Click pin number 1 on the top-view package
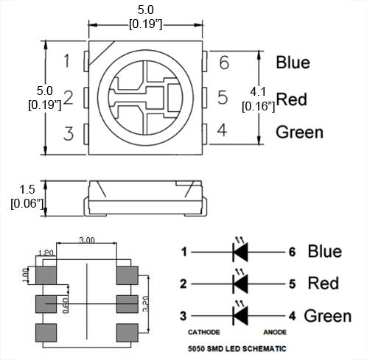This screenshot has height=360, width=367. pyautogui.click(x=67, y=61)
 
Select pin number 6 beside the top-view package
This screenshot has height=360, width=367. pyautogui.click(x=224, y=63)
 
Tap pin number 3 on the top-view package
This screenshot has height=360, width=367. pyautogui.click(x=69, y=133)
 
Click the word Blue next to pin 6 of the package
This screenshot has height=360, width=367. pyautogui.click(x=293, y=63)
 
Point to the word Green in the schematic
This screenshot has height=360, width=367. pyautogui.click(x=328, y=316)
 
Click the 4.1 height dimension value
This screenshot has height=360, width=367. pyautogui.click(x=258, y=92)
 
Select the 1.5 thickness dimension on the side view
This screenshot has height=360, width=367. pyautogui.click(x=27, y=189)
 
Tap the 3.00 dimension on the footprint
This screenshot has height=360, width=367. pyautogui.click(x=87, y=240)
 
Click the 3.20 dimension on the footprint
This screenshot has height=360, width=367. pyautogui.click(x=146, y=304)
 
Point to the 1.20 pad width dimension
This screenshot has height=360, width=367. pyautogui.click(x=46, y=253)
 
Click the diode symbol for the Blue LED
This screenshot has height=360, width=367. pyautogui.click(x=240, y=252)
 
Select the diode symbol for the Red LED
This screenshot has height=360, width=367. pyautogui.click(x=240, y=283)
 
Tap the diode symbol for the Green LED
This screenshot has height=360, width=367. pyautogui.click(x=240, y=316)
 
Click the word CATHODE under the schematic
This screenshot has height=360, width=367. pyautogui.click(x=203, y=332)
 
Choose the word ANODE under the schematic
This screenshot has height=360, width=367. pyautogui.click(x=275, y=332)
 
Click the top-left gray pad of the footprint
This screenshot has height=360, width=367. pyautogui.click(x=46, y=275)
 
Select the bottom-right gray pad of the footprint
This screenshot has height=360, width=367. pyautogui.click(x=127, y=333)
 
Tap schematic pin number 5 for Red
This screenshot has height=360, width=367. pyautogui.click(x=292, y=284)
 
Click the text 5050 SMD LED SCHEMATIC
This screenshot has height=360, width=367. pyautogui.click(x=237, y=348)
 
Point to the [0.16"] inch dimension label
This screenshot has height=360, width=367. pyautogui.click(x=258, y=106)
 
